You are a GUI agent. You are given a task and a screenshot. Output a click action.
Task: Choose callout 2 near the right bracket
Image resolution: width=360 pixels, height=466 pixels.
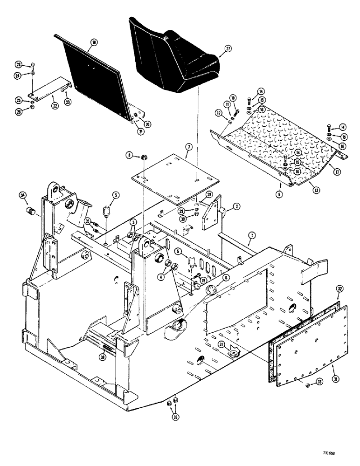pyautogui.click(x=224, y=206)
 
